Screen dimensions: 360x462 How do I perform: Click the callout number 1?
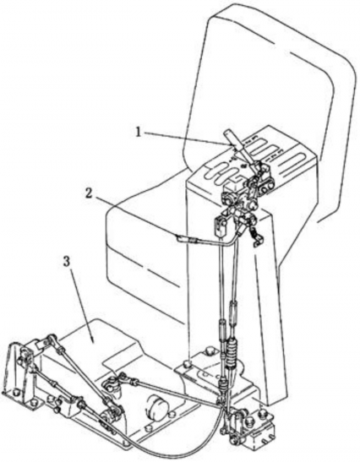coord(138,133)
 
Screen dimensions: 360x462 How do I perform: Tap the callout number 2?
coord(88,193)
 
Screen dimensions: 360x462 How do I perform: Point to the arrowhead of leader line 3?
coord(93,343)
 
